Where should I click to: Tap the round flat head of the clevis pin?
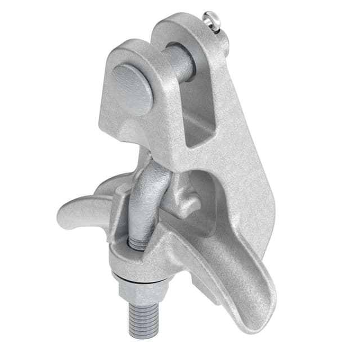point(132,89)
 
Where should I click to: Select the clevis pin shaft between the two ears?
point(179,63)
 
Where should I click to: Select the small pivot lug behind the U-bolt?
point(186,200)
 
